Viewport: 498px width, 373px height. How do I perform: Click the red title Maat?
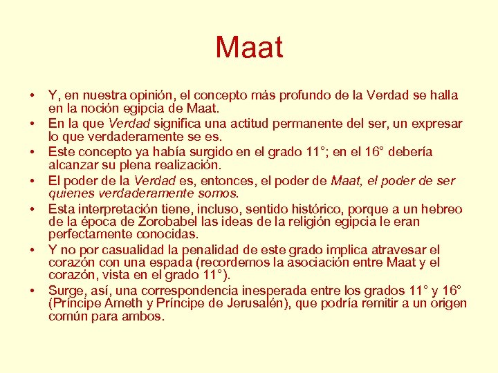pos(249,48)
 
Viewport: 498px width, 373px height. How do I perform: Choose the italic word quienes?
pos(68,193)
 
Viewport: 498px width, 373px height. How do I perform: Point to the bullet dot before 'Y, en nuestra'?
pos(33,95)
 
